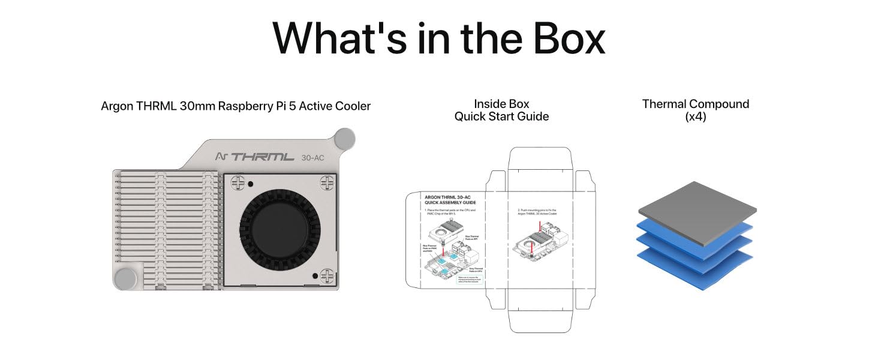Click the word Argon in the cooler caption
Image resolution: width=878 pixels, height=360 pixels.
click(116, 106)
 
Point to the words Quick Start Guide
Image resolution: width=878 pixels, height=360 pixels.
click(501, 116)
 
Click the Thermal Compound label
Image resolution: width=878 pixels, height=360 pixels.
click(695, 104)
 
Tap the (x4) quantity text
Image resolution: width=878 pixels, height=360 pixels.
click(695, 117)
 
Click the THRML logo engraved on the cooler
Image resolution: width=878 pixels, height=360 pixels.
click(262, 157)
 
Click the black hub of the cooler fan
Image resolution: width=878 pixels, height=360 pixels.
click(280, 228)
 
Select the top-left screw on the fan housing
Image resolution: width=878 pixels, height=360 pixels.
click(237, 181)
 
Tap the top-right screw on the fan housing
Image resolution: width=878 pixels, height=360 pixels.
click(327, 181)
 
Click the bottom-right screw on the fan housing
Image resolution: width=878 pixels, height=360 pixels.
click(327, 276)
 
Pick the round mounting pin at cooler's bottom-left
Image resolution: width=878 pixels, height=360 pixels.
click(125, 278)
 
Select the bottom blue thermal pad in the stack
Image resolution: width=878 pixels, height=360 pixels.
click(696, 267)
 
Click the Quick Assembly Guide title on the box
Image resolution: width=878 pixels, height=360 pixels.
click(450, 200)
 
